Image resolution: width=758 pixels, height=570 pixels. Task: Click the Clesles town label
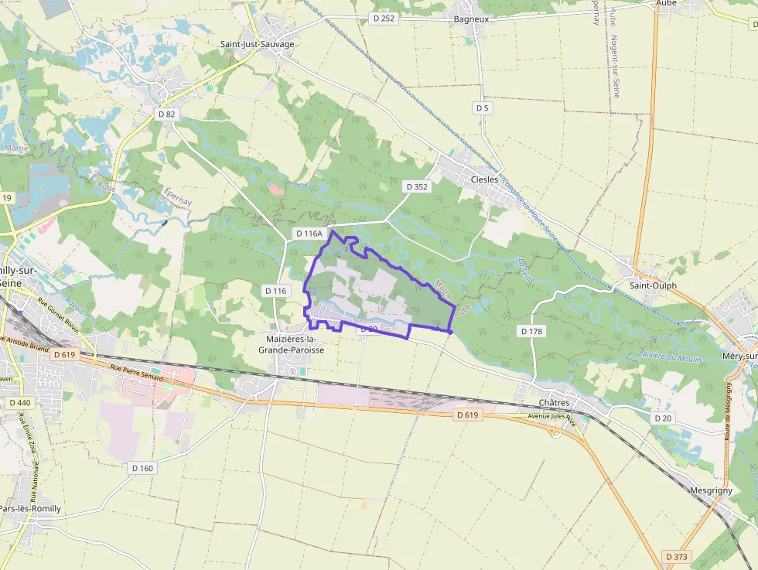point(484,179)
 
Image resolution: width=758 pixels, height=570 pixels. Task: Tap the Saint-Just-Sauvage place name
point(257,44)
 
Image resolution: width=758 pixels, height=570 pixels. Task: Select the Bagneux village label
point(472,18)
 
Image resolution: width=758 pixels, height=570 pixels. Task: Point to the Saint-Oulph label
point(653,285)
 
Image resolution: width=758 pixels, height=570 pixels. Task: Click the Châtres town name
point(553,403)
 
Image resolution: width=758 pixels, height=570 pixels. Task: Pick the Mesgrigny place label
point(711,490)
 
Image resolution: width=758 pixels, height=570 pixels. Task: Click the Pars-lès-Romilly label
point(29,509)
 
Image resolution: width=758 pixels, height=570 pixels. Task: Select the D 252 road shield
point(382,18)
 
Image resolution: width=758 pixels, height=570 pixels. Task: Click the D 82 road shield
point(166,114)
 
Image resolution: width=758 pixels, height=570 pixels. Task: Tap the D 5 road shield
point(483,108)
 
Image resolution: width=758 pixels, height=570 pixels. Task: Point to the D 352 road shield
point(416,186)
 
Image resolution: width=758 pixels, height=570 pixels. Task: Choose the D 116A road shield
point(308,233)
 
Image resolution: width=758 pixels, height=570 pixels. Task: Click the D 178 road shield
point(531,331)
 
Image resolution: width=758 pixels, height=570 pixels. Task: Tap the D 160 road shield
point(142,468)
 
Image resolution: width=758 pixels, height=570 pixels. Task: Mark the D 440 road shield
point(20,403)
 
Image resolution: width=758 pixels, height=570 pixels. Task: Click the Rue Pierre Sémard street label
point(136,373)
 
